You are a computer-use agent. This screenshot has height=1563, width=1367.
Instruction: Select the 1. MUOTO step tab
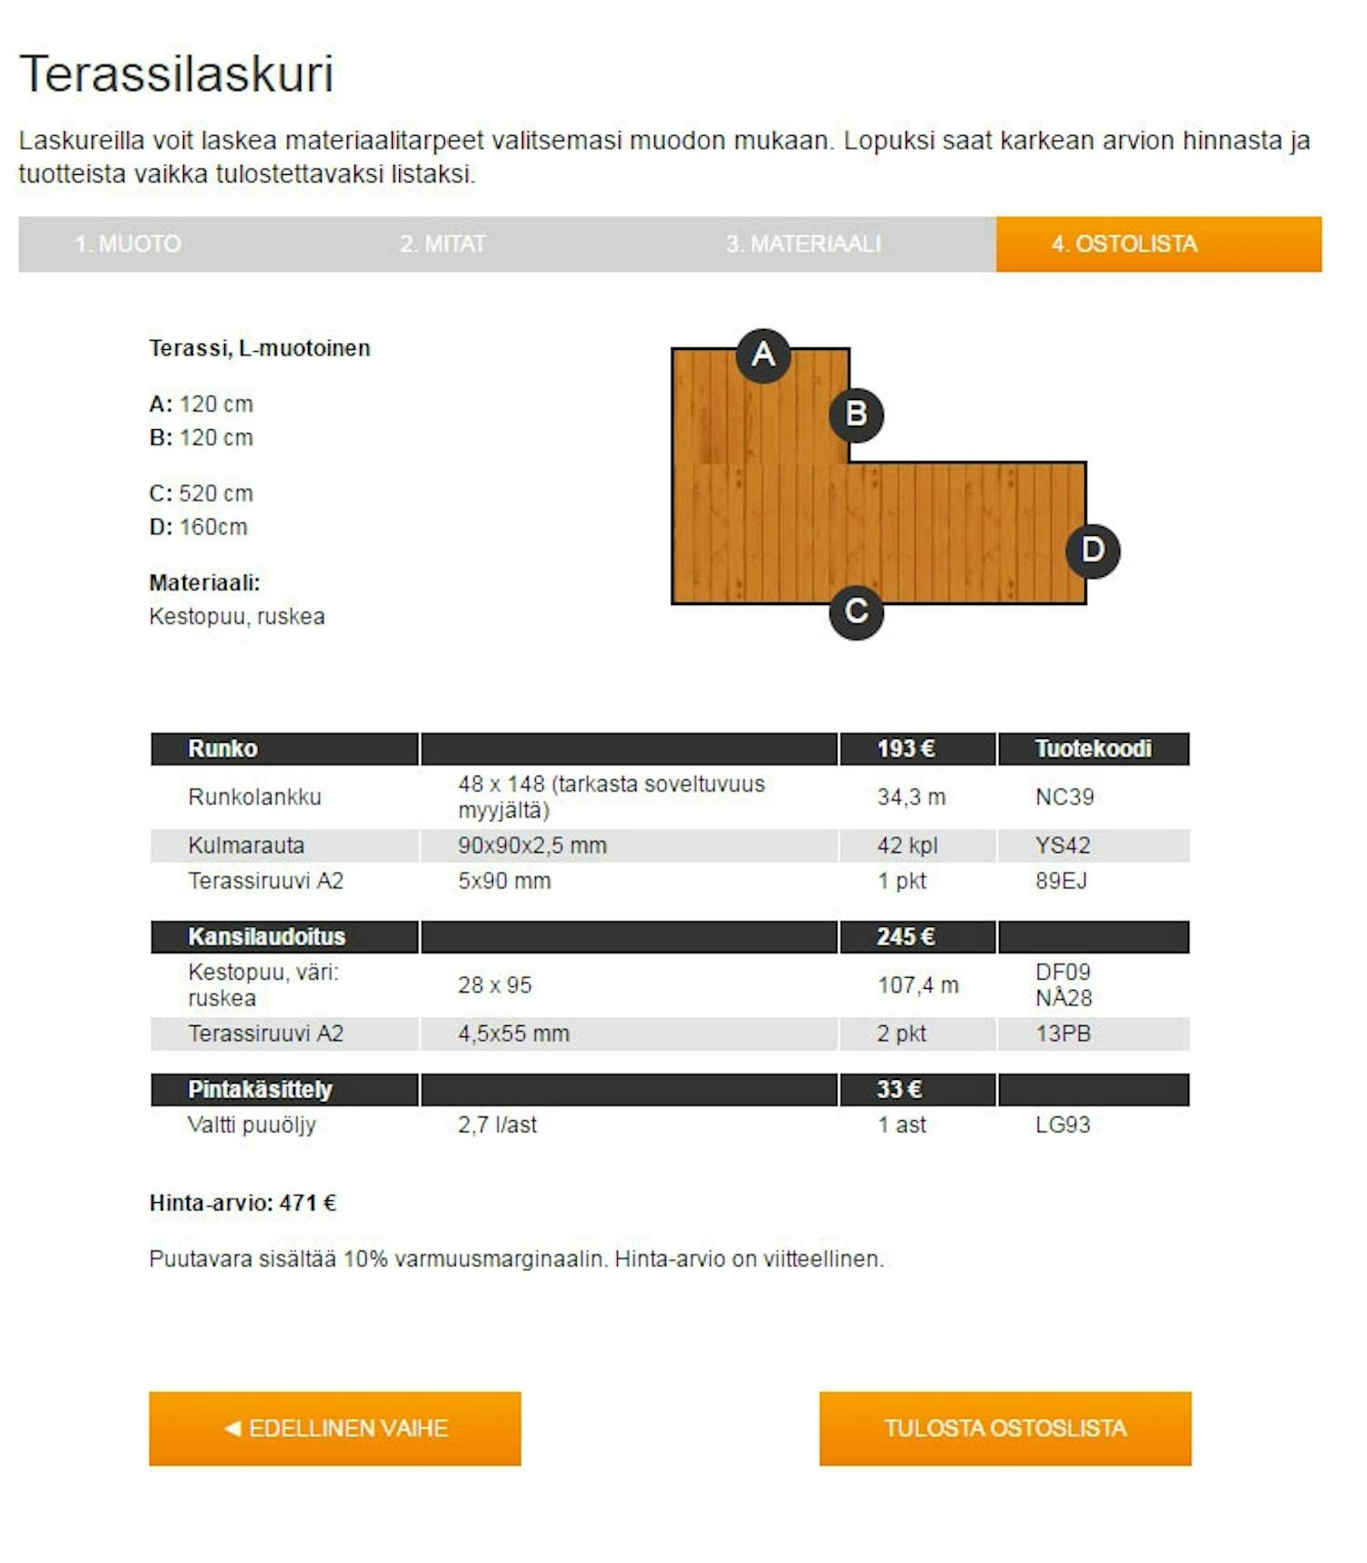click(x=128, y=244)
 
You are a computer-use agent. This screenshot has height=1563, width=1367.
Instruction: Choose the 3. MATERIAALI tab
click(x=803, y=244)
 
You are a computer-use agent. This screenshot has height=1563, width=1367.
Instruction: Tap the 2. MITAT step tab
click(x=443, y=244)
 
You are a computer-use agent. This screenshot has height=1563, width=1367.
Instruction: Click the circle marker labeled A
click(x=763, y=355)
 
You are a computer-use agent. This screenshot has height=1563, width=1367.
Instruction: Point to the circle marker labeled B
click(x=856, y=415)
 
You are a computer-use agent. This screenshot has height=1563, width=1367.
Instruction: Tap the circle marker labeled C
click(x=856, y=612)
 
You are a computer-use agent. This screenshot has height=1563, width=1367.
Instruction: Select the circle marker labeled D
click(x=1093, y=550)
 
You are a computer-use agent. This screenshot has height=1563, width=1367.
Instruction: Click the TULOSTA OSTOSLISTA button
click(x=1004, y=1428)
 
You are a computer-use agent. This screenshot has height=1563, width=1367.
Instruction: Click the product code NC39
click(x=1064, y=797)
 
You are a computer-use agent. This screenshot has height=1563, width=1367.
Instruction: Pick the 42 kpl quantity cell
click(x=907, y=846)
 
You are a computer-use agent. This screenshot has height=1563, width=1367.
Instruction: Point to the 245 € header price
click(x=905, y=937)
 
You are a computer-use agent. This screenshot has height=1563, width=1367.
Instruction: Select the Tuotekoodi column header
click(x=1093, y=749)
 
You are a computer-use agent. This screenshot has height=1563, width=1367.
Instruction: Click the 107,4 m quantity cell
click(x=918, y=985)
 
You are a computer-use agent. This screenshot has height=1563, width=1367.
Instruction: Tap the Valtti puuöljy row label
click(x=252, y=1125)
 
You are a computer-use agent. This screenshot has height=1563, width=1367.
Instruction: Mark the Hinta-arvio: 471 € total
click(x=242, y=1203)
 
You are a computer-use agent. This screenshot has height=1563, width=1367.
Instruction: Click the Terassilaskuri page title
click(x=177, y=74)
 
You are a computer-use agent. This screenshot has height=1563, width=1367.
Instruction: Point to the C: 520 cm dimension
click(x=201, y=494)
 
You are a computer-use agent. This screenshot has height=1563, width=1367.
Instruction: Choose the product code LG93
click(x=1063, y=1125)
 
